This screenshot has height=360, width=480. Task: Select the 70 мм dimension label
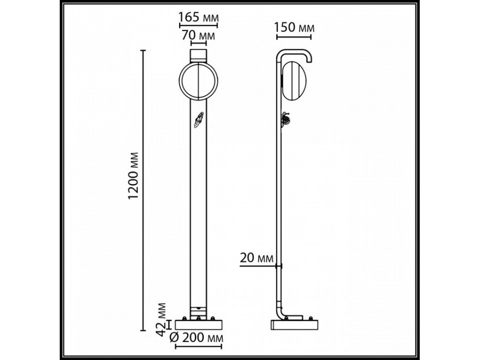[198, 36]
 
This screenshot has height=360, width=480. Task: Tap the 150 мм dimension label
[294, 27]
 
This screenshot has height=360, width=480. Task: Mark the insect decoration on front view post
[199, 121]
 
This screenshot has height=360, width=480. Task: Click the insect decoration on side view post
[284, 119]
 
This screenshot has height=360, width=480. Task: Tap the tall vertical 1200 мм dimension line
[143, 187]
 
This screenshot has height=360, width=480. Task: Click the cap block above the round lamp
[198, 55]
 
